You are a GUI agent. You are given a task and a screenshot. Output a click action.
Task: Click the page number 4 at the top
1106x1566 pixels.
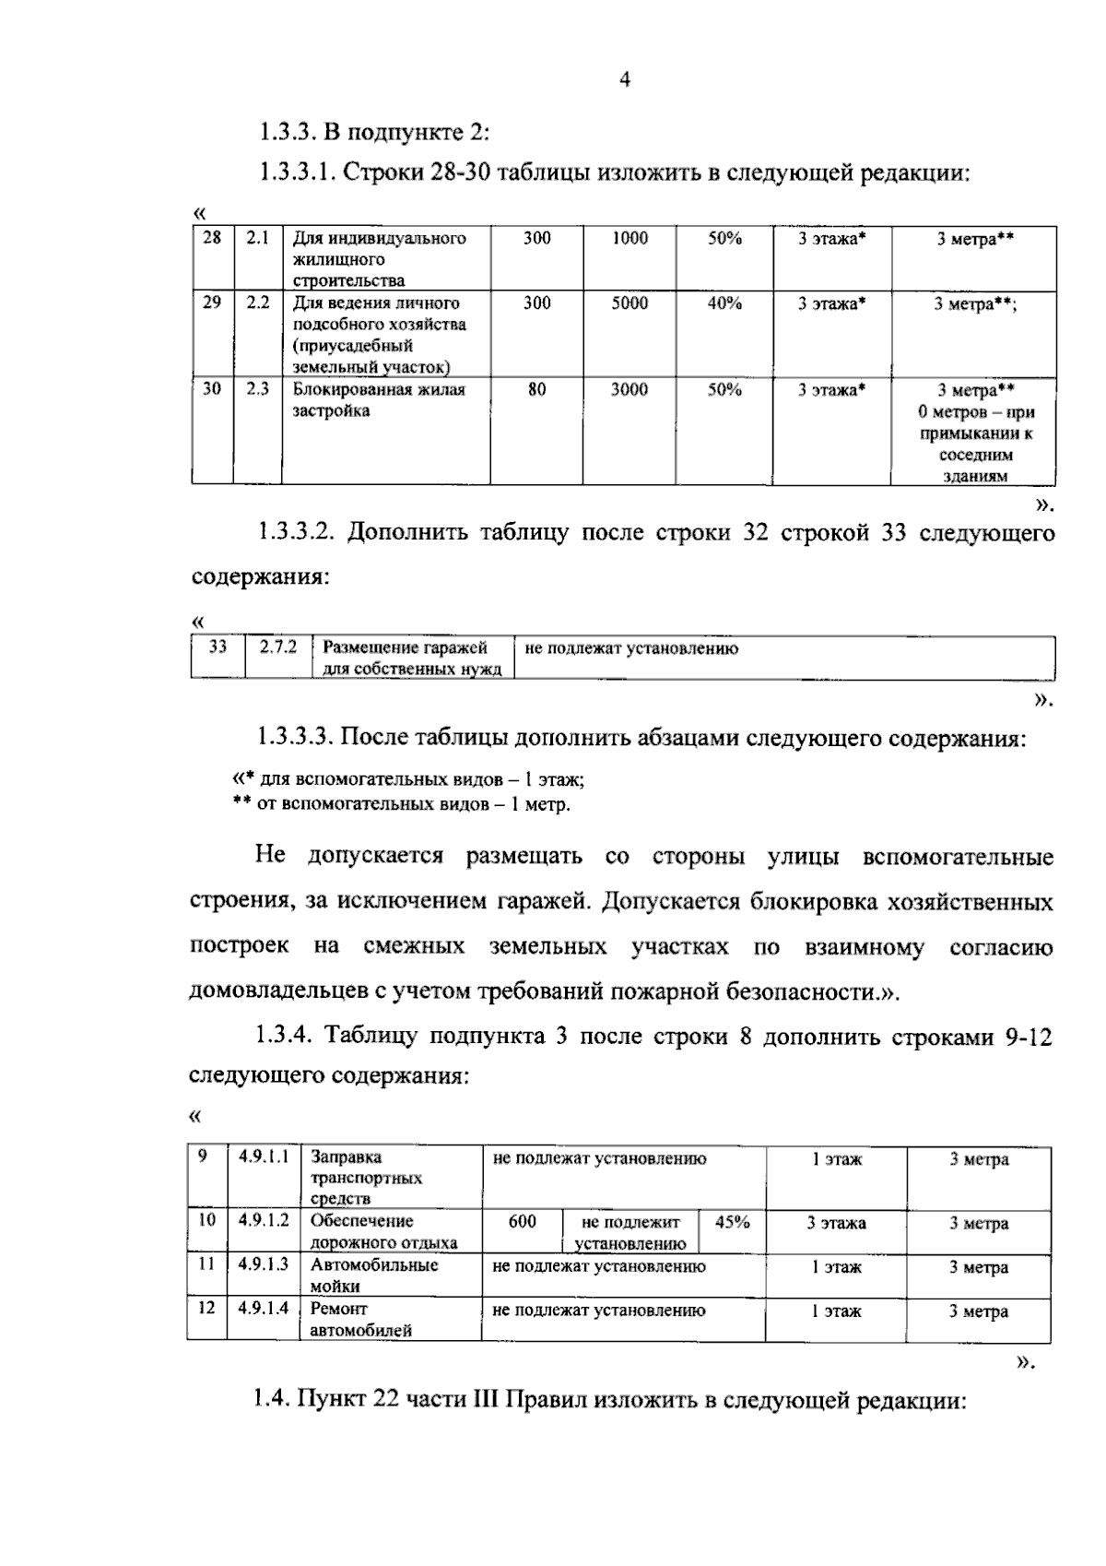click(x=625, y=80)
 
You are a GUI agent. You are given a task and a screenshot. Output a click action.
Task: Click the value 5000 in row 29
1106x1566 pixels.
click(x=629, y=303)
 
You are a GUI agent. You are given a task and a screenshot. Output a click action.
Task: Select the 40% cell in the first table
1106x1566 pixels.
click(x=724, y=303)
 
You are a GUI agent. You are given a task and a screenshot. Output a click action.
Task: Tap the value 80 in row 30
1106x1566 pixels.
click(x=536, y=390)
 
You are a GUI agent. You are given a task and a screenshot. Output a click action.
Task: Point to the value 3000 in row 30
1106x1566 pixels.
click(x=629, y=390)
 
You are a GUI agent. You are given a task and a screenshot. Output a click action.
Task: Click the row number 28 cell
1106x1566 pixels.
click(x=212, y=238)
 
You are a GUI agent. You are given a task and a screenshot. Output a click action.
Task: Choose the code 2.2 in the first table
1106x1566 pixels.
click(x=257, y=303)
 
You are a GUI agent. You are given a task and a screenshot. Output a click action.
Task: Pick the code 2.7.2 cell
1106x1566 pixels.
click(x=278, y=647)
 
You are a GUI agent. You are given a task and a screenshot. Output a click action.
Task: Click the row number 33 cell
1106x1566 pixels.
click(x=218, y=647)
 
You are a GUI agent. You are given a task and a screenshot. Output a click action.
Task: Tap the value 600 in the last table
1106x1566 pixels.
click(x=522, y=1222)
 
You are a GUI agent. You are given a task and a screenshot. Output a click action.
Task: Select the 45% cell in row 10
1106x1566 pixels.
click(x=732, y=1222)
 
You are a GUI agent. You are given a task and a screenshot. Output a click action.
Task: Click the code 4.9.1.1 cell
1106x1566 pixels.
click(x=264, y=1157)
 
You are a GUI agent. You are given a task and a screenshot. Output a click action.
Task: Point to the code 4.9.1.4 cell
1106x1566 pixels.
click(x=264, y=1309)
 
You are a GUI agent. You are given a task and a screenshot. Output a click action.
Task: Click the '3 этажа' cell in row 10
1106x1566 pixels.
click(x=836, y=1224)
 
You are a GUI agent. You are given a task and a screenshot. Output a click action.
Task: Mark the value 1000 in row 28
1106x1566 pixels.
click(x=629, y=238)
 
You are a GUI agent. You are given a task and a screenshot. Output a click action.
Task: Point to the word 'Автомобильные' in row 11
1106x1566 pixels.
click(x=373, y=1265)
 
